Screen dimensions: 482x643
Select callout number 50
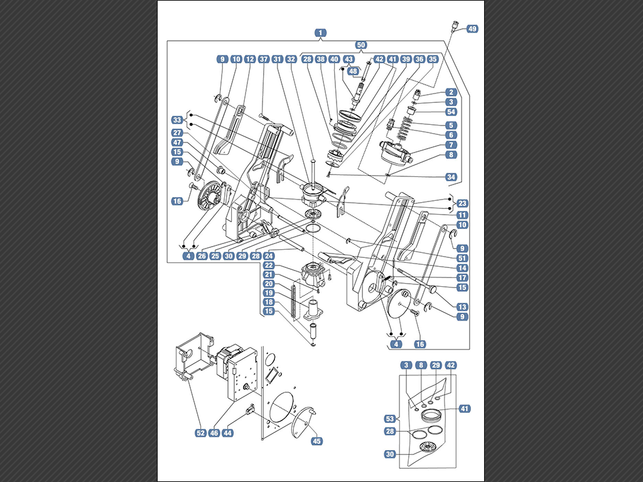[x=361, y=45]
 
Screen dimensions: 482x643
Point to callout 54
[x=452, y=112]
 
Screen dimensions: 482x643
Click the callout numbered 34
[x=451, y=177]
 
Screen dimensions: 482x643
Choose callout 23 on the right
[x=462, y=203]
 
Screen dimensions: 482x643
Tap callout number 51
[x=462, y=257]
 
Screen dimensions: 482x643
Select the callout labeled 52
[x=200, y=433]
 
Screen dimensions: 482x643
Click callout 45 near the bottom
[x=316, y=441]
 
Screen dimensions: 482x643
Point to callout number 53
[x=389, y=418]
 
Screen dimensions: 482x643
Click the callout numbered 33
[x=177, y=119]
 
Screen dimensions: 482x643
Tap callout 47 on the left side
[x=177, y=142]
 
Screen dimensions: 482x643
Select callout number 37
[x=263, y=59]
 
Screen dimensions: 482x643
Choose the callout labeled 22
[x=268, y=265]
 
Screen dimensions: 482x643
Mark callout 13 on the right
[x=462, y=307]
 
